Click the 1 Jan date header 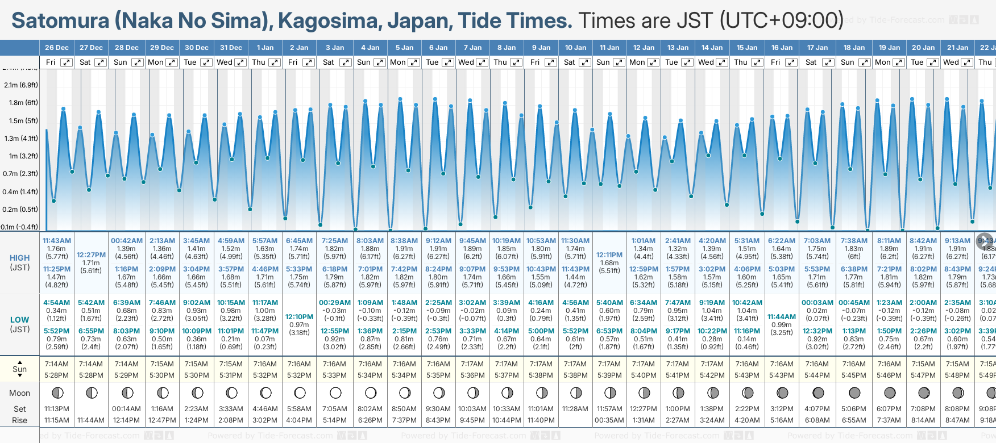click(265, 48)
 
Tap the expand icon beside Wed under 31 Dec click(240, 62)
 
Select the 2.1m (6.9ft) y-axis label click(21, 85)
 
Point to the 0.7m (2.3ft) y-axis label click(20, 174)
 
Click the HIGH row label click(19, 258)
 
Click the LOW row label click(19, 320)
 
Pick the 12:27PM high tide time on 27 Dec click(91, 255)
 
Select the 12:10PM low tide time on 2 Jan click(299, 317)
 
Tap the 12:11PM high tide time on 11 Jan click(609, 255)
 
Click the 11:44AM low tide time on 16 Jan click(782, 317)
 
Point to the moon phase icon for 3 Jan click(335, 392)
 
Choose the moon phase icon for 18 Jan click(854, 392)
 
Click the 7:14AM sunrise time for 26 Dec click(56, 364)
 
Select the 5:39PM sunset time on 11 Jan click(609, 375)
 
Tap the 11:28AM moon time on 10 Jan click(575, 409)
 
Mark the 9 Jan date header click(541, 48)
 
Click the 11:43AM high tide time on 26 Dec click(56, 241)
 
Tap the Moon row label click(19, 393)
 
